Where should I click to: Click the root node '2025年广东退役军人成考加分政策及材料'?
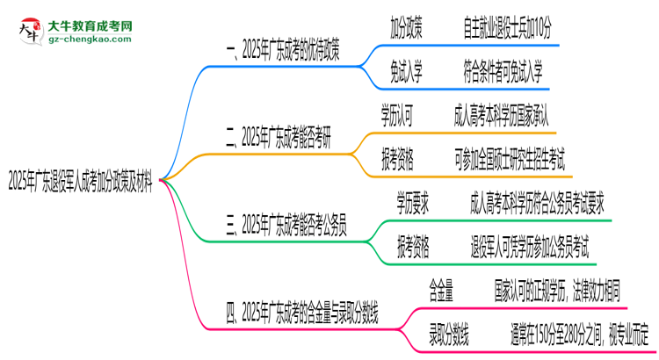pos(81,183)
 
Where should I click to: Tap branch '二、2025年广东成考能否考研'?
pos(281,137)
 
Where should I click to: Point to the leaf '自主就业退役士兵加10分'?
pos(508,30)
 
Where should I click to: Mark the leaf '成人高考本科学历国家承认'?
pos(501,115)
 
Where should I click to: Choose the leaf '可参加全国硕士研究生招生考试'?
pos(510,159)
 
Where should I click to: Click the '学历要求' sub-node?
pos(412,205)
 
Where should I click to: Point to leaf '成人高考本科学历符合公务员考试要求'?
pos(538,205)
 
